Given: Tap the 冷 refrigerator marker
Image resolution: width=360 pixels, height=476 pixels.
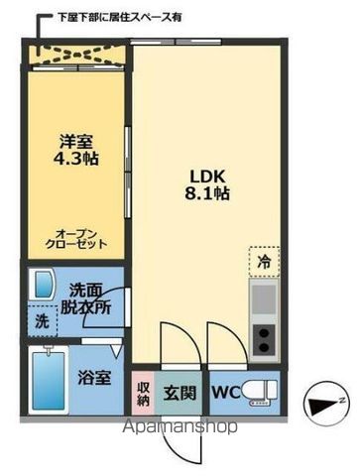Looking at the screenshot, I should click(x=264, y=264).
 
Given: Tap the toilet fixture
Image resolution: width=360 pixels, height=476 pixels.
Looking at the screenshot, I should click(x=262, y=391).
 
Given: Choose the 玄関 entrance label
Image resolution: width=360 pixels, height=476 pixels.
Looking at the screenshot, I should click(x=181, y=391).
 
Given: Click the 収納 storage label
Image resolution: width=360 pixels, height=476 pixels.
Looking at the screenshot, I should click(x=143, y=392).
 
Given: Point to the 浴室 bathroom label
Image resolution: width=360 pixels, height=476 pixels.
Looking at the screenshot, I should click(x=93, y=378).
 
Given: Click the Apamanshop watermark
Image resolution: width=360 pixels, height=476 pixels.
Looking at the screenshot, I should click(x=179, y=428).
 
